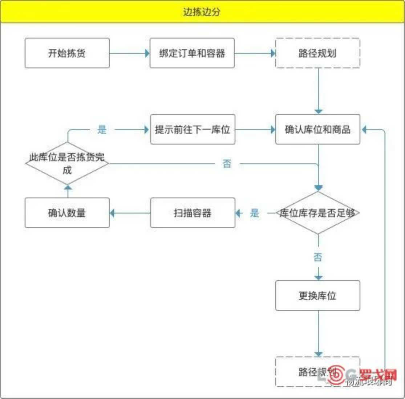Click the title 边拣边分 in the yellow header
point(202,12)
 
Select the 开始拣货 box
point(67,53)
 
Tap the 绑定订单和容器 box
point(192,53)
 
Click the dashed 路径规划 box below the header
point(317,53)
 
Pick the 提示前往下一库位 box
point(193,129)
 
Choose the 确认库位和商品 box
point(317,129)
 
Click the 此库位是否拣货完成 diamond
point(67,163)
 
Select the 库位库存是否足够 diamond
point(317,213)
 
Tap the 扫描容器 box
point(193,213)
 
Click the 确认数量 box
point(67,213)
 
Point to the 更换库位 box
point(317,296)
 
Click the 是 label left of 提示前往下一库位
point(102,129)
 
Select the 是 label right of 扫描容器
point(255,213)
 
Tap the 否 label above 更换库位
point(318,257)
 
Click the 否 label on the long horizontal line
point(227,164)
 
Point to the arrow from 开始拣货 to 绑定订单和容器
point(130,53)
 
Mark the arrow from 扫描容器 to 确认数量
point(130,213)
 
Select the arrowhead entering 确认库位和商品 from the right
point(364,129)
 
